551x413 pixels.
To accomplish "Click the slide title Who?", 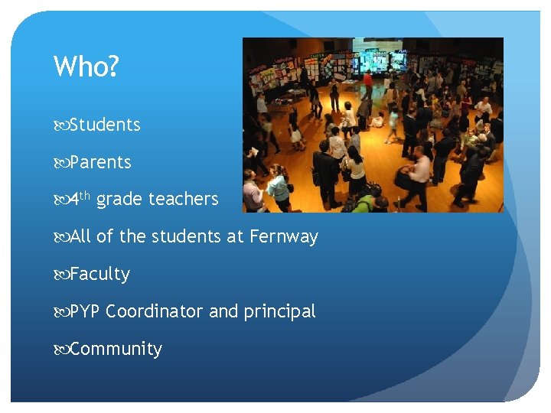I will (86, 67).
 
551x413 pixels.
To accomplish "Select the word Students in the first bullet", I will (105, 125).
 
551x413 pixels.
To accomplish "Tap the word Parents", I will (100, 162).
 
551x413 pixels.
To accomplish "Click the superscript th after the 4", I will (85, 196).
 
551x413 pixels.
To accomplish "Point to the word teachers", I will (184, 200).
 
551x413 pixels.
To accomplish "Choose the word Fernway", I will (283, 237).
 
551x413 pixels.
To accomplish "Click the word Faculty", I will (99, 274).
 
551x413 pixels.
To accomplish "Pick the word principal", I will (279, 311).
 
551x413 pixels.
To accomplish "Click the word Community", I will (116, 349).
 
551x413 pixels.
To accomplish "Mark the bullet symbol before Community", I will (60, 350).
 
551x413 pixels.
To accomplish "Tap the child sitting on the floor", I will (377, 120).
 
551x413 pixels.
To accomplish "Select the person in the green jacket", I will (364, 203).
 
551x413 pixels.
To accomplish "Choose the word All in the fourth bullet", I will (80, 237).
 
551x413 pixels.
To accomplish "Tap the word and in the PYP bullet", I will (223, 311).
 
